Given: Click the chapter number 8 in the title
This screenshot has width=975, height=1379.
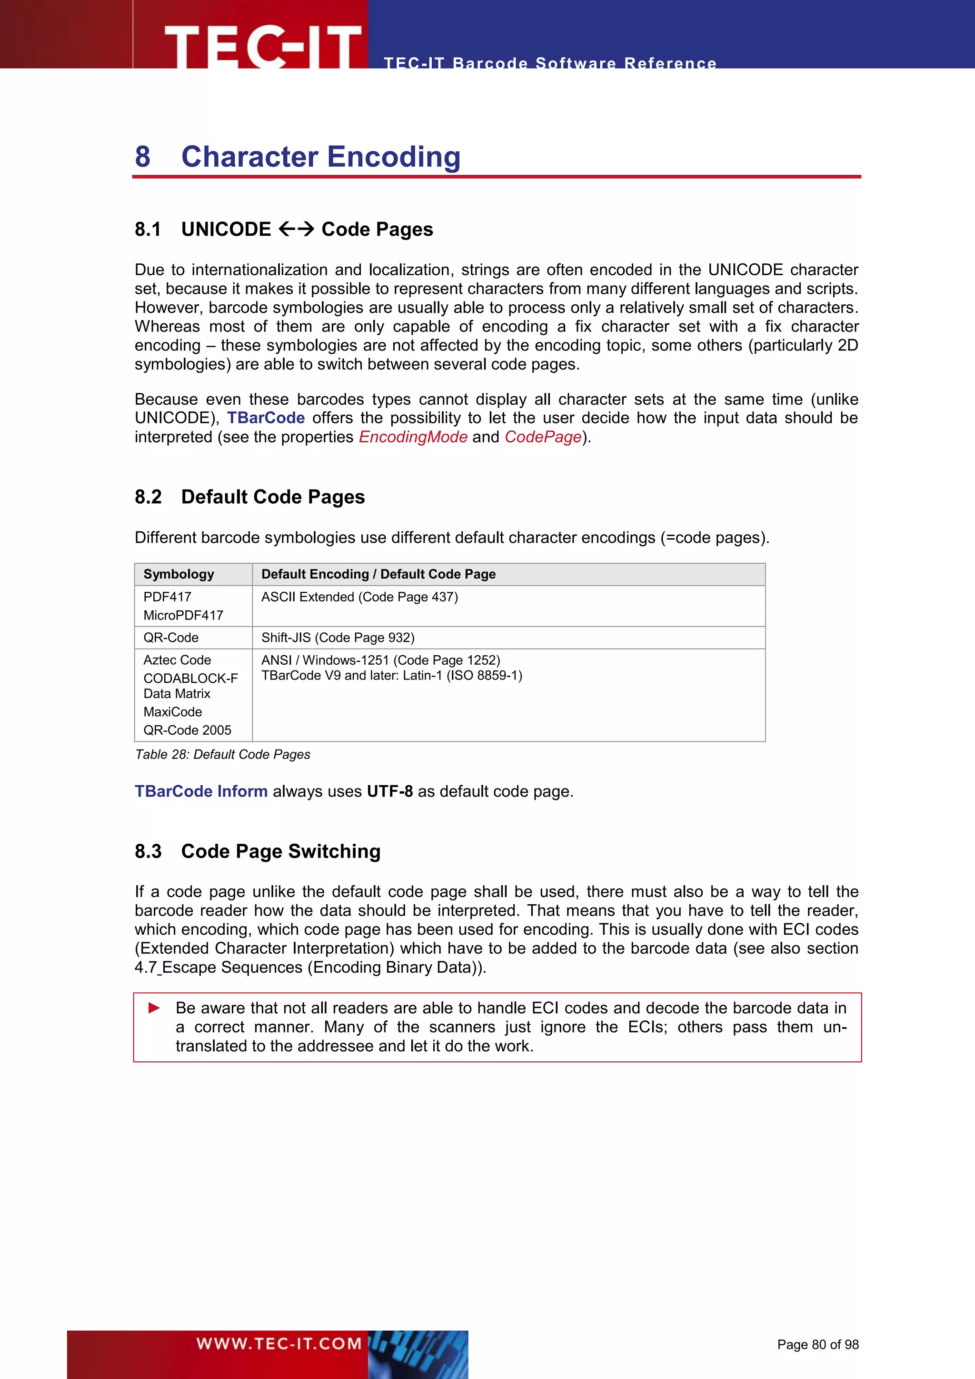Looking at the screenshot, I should (x=143, y=157).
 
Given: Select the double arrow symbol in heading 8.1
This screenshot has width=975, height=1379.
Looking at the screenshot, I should (x=297, y=229).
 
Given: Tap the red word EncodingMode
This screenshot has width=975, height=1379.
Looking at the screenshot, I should (x=413, y=437).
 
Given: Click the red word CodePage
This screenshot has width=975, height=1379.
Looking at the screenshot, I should (x=543, y=437).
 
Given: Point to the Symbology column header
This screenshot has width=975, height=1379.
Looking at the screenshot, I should (x=179, y=574).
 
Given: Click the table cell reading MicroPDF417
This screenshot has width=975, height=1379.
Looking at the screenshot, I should (x=183, y=615).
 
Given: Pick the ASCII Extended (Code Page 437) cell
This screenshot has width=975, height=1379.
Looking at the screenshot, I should (x=359, y=597).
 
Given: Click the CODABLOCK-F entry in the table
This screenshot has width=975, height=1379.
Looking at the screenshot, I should (x=190, y=678).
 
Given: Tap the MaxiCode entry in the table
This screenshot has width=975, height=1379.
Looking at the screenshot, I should (x=173, y=712).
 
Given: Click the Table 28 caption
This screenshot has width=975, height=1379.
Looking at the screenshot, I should (x=223, y=754).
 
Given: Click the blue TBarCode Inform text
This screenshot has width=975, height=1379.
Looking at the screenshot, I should (x=201, y=791).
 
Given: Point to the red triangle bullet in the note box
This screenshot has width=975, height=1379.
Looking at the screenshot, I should (x=154, y=1008).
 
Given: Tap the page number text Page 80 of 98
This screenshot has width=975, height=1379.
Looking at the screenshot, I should (x=818, y=1344).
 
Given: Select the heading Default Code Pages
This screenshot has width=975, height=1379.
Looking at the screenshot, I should (x=273, y=497).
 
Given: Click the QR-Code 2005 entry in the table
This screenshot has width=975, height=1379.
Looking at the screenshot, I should (x=187, y=730).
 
